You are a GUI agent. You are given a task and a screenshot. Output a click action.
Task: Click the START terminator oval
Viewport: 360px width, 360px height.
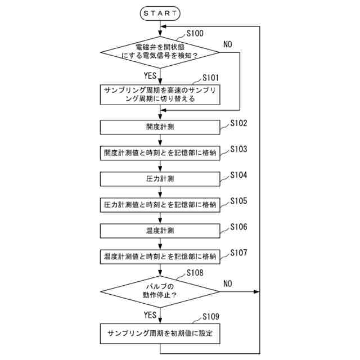[x=160, y=12]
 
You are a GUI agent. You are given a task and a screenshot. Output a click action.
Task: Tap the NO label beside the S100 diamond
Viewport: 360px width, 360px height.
[x=228, y=44]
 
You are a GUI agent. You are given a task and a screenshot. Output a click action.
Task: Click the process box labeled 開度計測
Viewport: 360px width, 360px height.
[x=160, y=127]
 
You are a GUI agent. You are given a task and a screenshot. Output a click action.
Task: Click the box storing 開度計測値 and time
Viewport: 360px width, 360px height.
[x=160, y=153]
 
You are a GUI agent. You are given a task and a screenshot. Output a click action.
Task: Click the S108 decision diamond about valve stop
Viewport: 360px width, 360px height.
[x=160, y=291]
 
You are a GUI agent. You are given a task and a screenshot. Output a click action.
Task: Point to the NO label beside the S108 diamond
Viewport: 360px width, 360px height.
[x=228, y=283]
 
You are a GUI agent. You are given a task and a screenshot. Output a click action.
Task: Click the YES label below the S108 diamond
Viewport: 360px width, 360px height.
[x=150, y=314]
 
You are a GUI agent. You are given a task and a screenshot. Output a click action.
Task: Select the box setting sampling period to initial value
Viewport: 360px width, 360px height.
[x=160, y=333]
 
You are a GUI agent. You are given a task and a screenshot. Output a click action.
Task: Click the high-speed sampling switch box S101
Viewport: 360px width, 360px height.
[x=160, y=94]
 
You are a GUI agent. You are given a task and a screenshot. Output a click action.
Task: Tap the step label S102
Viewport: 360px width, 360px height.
[x=238, y=123]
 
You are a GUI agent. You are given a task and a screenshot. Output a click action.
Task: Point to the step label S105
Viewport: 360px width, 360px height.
[x=238, y=200]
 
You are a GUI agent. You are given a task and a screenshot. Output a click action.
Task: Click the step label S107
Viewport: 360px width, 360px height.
[x=238, y=253]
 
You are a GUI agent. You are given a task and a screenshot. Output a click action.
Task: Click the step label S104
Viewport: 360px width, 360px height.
[x=238, y=175]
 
